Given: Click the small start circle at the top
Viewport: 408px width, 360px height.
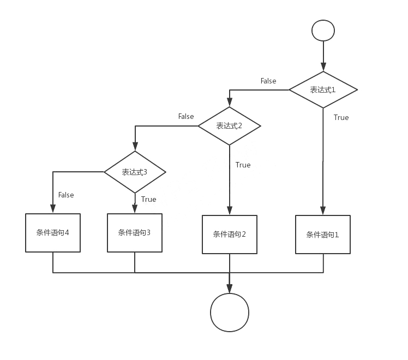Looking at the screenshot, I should point(323,30).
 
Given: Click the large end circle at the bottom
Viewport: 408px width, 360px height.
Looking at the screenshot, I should point(230,313).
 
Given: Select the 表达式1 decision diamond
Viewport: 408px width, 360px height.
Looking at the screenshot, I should point(323,89).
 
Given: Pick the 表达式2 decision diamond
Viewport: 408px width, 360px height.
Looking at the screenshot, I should point(229,126).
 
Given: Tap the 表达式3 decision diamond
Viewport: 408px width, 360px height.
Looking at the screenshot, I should point(135,172).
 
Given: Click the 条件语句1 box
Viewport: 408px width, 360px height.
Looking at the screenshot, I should point(323,235).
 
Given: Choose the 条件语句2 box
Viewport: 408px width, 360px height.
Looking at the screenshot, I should point(229,235).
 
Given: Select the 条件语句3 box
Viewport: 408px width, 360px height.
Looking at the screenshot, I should point(134,232).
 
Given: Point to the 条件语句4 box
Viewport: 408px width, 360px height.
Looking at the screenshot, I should point(53,232).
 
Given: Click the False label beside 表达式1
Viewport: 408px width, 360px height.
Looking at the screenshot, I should point(268,81).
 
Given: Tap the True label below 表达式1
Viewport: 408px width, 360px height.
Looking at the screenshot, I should point(341,117).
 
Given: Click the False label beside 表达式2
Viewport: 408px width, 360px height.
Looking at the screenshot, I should point(186,116).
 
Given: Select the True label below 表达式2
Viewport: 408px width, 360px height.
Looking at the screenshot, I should point(243,165).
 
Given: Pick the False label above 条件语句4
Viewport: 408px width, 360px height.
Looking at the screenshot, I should point(66,195).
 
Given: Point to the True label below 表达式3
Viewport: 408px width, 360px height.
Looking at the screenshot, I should point(148,199).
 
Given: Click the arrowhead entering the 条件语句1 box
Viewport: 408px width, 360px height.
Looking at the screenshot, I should point(323,211).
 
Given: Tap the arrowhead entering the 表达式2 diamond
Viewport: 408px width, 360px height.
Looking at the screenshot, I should point(229,102).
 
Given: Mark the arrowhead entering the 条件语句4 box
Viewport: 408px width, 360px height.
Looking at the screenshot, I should point(53,208).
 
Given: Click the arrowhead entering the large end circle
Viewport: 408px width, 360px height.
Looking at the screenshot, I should point(229,289).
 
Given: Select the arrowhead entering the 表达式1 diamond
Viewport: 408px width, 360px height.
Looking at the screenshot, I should point(323,67).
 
